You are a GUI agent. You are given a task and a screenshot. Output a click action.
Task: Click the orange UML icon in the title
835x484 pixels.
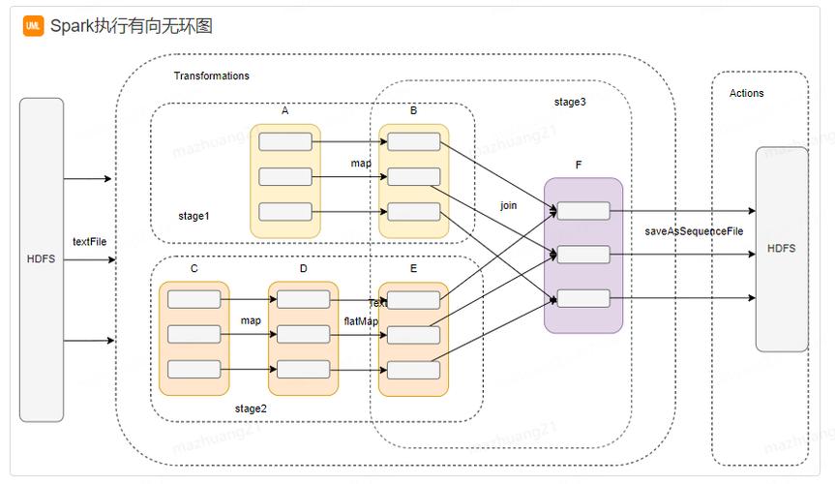click(33, 26)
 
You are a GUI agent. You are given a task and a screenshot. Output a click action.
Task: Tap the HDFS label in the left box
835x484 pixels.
click(42, 259)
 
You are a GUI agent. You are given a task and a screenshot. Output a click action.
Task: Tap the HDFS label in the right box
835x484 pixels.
click(781, 249)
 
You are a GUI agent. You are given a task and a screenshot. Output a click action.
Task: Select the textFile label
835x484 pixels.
click(89, 241)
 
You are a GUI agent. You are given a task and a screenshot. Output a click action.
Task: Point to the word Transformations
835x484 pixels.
click(211, 76)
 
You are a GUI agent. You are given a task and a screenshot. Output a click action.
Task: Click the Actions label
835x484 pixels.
click(746, 93)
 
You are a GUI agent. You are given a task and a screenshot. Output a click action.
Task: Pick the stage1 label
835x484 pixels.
click(194, 216)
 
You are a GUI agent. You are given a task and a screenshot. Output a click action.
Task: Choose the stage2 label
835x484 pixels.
click(251, 408)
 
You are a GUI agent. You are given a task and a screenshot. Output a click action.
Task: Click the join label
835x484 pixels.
click(508, 205)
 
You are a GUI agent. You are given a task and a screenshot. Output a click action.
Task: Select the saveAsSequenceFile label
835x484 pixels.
click(694, 231)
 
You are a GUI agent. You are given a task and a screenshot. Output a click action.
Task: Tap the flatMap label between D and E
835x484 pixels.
click(361, 320)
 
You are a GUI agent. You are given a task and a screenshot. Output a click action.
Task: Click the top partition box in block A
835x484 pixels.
click(285, 142)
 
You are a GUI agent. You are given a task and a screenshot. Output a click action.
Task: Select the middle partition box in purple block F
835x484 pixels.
click(583, 255)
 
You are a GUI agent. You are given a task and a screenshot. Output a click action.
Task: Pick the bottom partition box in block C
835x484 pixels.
click(194, 369)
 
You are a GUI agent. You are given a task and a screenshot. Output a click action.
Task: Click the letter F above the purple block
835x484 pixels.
click(579, 166)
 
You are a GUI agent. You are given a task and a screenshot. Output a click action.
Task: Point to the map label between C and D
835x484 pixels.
click(251, 320)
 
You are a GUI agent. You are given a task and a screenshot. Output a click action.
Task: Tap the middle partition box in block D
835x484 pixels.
click(303, 334)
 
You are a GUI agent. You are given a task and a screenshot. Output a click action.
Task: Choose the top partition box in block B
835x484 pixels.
click(414, 142)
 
